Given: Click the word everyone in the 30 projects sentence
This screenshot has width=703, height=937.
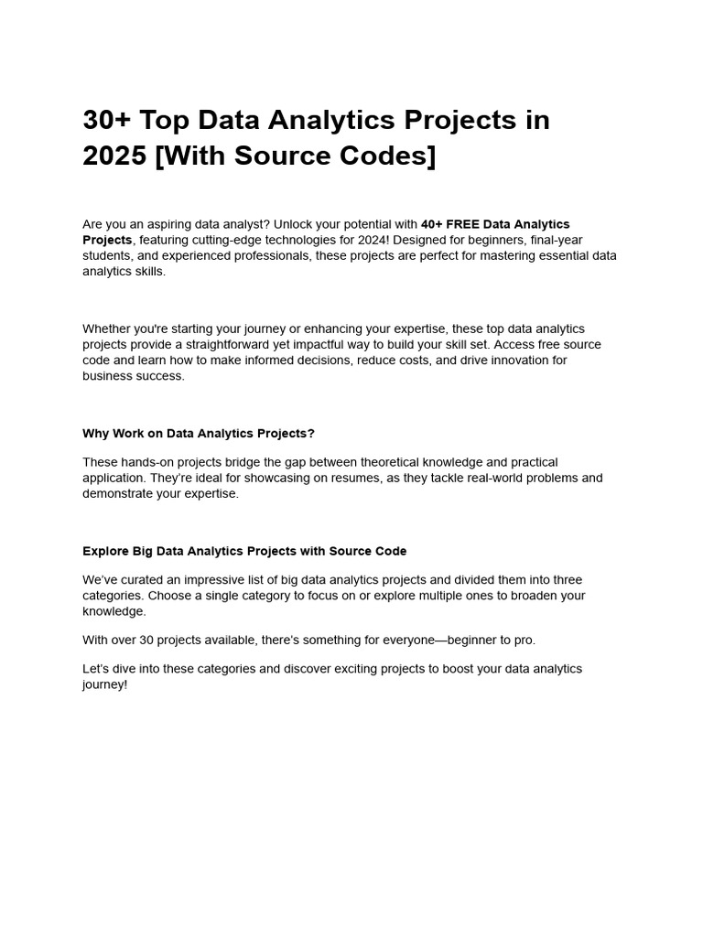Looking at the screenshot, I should pos(393,640).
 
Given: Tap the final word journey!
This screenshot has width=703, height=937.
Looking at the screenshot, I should pos(104,684).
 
